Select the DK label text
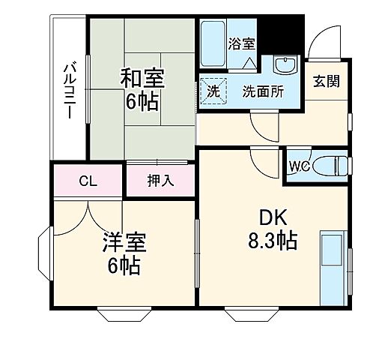272,218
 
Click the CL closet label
87,181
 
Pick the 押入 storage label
160,181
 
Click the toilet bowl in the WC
330,164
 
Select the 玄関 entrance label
327,81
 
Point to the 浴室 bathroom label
242,43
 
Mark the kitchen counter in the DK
331,266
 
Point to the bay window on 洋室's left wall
42,256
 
